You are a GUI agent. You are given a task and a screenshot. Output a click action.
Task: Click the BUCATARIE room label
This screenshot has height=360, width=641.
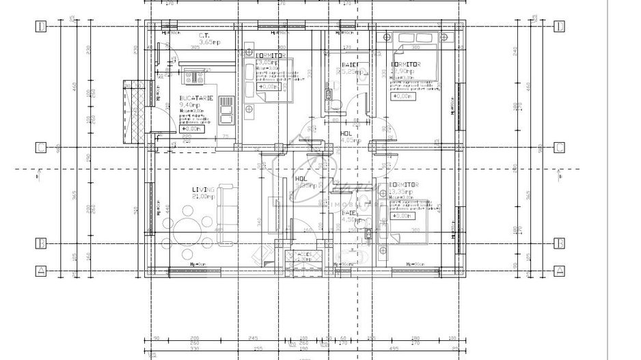click(x=196, y=98)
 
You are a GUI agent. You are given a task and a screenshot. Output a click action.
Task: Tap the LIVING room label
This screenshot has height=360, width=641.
click(x=203, y=189)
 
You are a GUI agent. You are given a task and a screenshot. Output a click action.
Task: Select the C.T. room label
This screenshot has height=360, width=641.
click(x=204, y=36)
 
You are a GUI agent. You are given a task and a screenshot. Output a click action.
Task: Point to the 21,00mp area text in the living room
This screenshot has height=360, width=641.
click(x=204, y=197)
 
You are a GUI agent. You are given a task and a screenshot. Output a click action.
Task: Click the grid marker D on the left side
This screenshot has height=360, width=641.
click(x=41, y=27)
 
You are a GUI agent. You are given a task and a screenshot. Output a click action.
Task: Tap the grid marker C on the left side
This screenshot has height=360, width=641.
click(x=41, y=147)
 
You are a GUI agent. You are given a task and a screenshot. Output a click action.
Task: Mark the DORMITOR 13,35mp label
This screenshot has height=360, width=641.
click(x=404, y=189)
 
